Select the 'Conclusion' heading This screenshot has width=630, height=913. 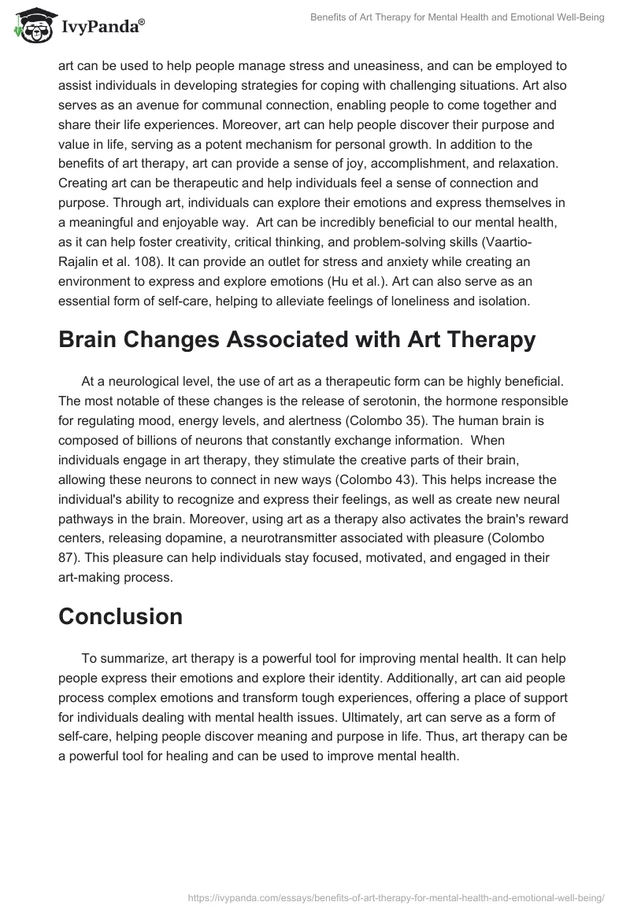tap(120, 616)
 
